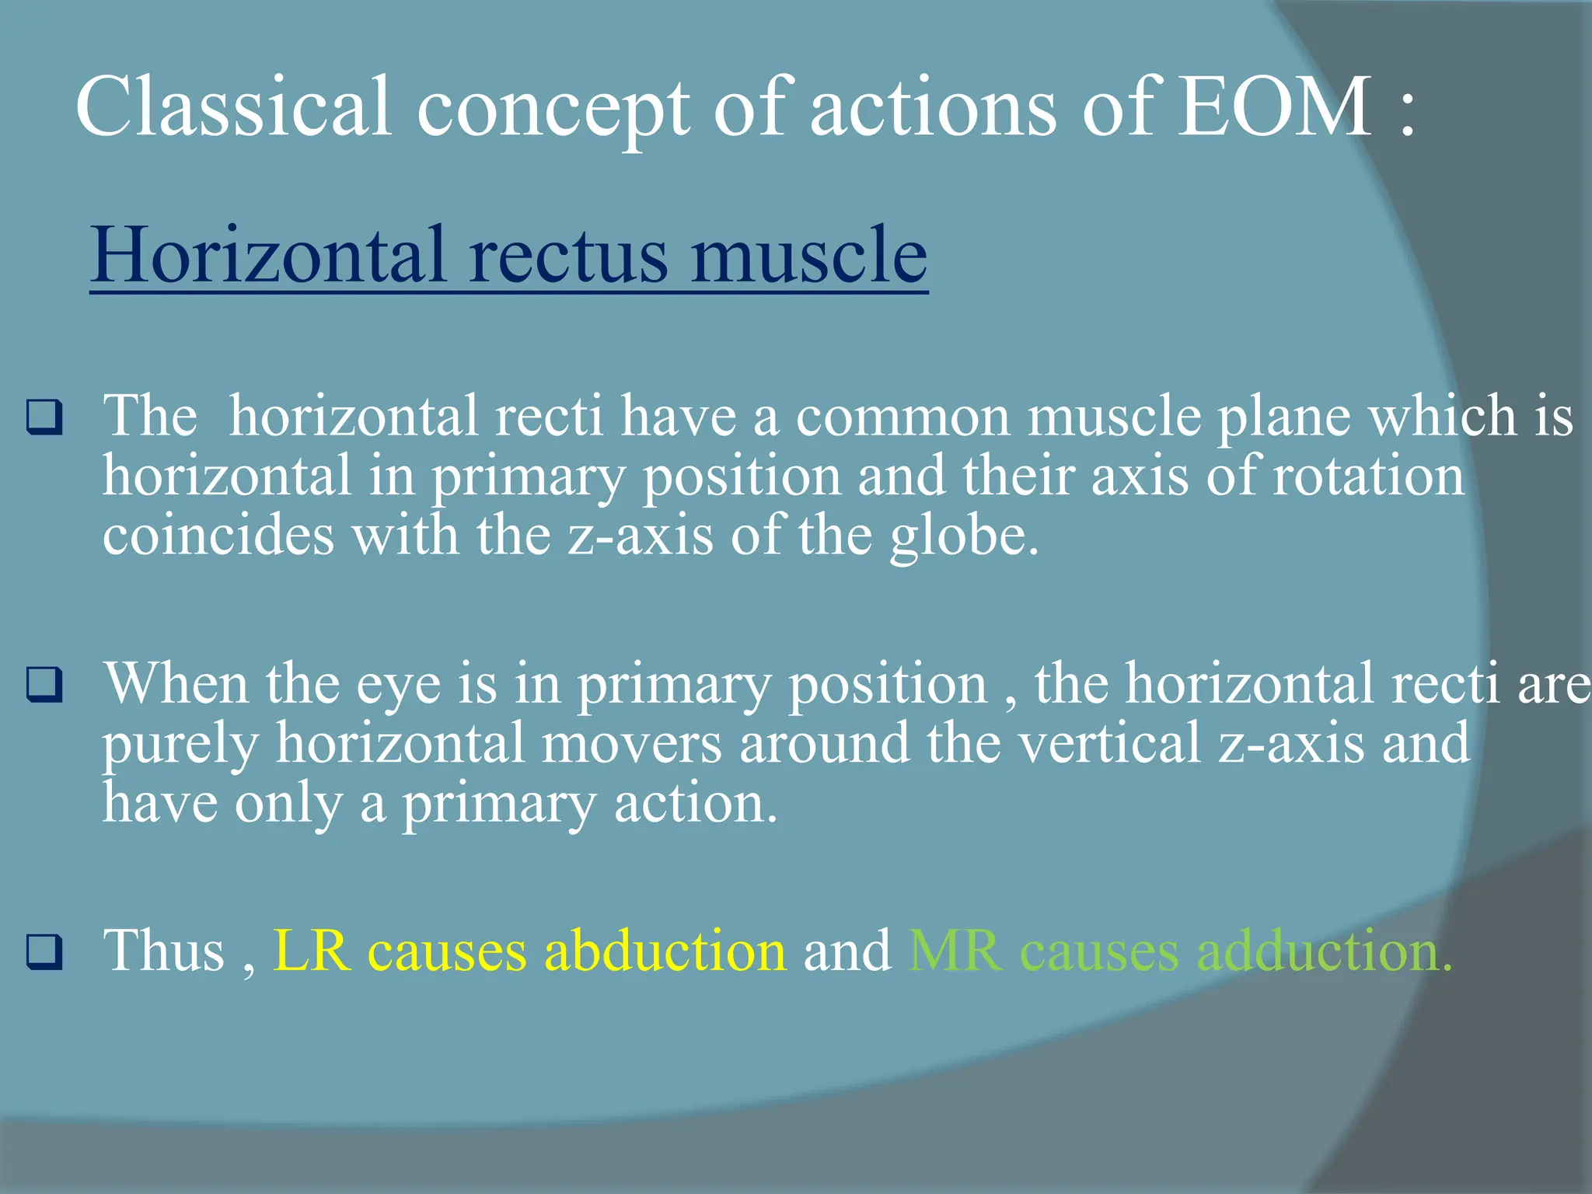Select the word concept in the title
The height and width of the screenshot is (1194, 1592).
coord(553,109)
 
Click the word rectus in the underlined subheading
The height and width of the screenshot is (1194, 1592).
coord(568,255)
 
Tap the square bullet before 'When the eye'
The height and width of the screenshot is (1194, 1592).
coord(44,685)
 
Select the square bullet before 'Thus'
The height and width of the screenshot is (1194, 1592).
coord(44,951)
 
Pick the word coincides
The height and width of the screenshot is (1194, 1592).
coord(218,536)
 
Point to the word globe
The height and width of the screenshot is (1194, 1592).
coord(964,536)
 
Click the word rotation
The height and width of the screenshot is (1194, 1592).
coord(1368,477)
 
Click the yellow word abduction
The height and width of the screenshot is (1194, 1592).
coord(665,951)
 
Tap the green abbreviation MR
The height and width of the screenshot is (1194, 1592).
coord(955,951)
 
